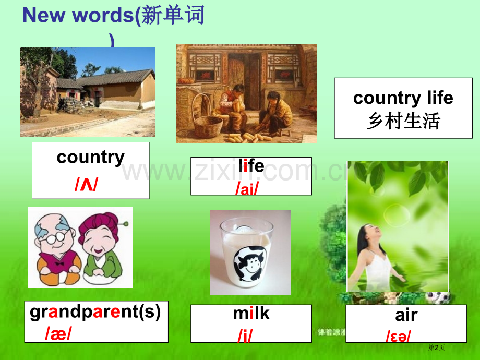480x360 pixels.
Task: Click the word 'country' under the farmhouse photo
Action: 91,158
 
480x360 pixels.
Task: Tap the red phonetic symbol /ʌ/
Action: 86,184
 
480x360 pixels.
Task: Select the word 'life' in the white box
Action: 251,165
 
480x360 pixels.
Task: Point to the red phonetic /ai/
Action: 247,188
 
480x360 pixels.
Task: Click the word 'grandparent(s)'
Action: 95,312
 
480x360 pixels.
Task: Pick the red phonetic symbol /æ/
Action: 58,333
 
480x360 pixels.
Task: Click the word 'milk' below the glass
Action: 251,314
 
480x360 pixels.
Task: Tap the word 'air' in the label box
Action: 406,315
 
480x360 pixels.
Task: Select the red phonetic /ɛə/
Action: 398,336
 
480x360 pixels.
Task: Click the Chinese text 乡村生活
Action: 403,121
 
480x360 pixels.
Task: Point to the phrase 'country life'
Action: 403,98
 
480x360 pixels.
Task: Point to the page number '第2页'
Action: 436,347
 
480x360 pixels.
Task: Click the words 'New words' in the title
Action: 78,15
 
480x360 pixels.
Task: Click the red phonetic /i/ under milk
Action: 245,336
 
